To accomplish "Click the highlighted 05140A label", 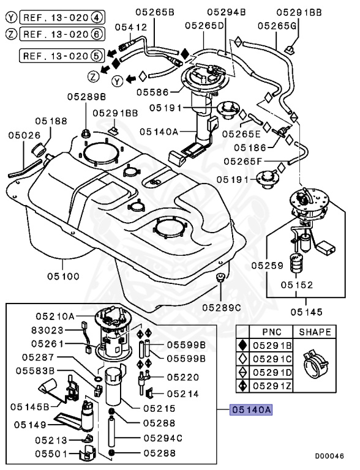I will click(250, 410).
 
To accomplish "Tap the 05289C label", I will click(222, 307).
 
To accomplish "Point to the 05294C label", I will click(163, 438).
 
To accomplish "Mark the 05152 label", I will click(297, 285).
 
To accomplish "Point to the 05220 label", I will click(182, 378).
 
